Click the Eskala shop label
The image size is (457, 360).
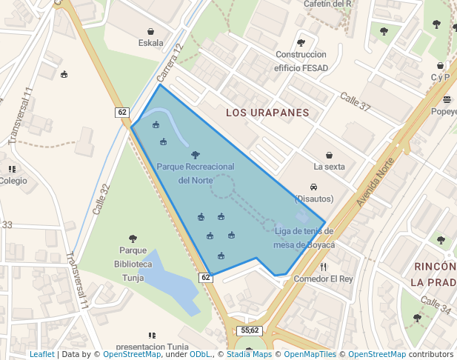click(150, 43)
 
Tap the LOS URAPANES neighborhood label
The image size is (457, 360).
click(267, 113)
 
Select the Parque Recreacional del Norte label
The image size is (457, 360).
click(196, 173)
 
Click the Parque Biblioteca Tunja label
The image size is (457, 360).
click(133, 264)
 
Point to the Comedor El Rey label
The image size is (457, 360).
click(323, 279)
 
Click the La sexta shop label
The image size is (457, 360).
click(329, 167)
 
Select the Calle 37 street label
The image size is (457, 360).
click(355, 101)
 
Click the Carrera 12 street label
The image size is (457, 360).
click(169, 62)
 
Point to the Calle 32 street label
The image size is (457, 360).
click(101, 199)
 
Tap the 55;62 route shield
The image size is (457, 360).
click(250, 330)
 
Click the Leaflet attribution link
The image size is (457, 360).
click(41, 354)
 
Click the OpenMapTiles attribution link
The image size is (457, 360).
click(310, 354)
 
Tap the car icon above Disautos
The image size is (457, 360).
click(314, 187)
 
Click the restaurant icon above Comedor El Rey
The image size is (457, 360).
click(323, 267)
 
